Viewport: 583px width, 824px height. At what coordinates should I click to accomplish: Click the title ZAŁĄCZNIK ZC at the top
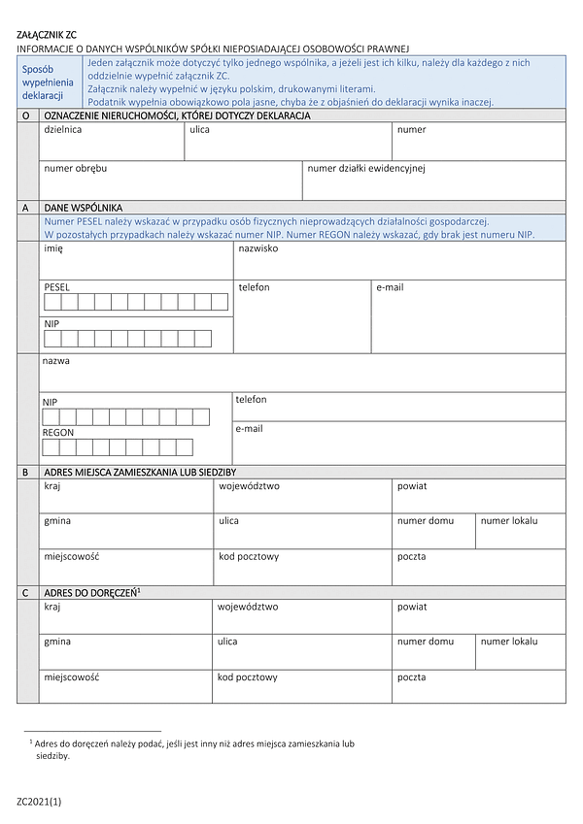(x=47, y=34)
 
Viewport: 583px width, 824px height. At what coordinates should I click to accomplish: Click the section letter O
(x=24, y=115)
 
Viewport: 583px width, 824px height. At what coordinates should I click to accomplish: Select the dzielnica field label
(x=63, y=129)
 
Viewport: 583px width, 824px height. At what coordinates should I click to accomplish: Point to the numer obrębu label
(x=75, y=168)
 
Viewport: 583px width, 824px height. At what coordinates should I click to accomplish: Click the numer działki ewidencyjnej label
(x=366, y=168)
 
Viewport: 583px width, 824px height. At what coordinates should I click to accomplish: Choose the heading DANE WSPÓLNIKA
(x=84, y=208)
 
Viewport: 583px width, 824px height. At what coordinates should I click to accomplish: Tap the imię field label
(x=53, y=248)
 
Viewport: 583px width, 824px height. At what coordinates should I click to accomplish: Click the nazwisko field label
(x=258, y=248)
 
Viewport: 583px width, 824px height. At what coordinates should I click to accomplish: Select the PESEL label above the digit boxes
(x=57, y=287)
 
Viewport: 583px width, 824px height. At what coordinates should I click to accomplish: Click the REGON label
(x=58, y=433)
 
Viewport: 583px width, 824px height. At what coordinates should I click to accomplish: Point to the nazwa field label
(x=55, y=361)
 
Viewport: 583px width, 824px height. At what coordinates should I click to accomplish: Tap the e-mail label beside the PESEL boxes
(x=390, y=287)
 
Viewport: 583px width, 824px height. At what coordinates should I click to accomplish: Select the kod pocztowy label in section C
(x=248, y=677)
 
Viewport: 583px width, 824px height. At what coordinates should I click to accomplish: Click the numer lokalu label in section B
(x=509, y=521)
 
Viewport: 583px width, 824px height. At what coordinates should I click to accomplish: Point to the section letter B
(x=24, y=472)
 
